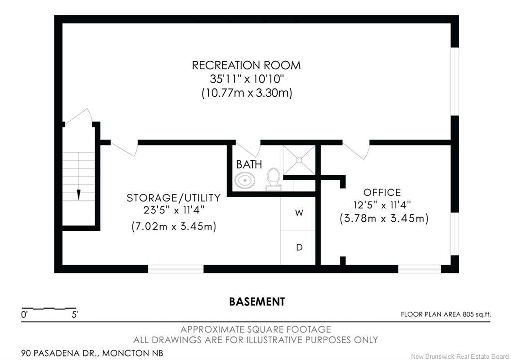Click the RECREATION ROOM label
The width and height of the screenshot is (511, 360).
point(246,65)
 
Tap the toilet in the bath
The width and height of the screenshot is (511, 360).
point(273,179)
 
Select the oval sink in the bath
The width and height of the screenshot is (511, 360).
point(245,180)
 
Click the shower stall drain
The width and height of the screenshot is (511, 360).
point(299,160)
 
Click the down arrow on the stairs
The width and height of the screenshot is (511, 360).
point(78,194)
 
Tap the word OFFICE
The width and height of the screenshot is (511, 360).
point(382,192)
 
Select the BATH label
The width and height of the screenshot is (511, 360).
point(249,164)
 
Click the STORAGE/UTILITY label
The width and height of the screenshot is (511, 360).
point(173,198)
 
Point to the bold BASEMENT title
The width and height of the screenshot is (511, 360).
point(257,301)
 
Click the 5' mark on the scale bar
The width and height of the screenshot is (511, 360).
point(75,315)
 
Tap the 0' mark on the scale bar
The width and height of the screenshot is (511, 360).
point(25,315)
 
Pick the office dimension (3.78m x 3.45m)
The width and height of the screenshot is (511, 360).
point(384,218)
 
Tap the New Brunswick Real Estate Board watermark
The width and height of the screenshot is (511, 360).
point(460,356)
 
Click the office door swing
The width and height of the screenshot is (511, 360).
point(356,151)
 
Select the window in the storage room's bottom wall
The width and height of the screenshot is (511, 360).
point(176,269)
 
